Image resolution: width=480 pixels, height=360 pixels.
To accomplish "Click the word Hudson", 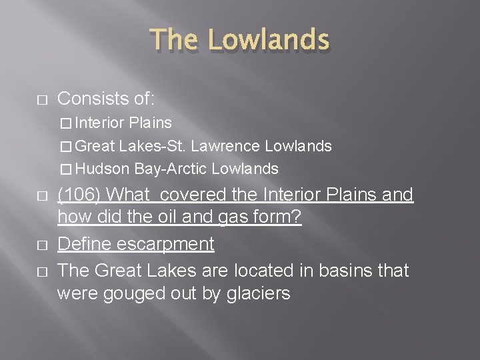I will [x=107, y=169].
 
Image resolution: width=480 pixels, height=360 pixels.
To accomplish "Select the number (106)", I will [x=80, y=195].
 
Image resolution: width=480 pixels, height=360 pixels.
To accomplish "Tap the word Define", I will [x=85, y=244].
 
